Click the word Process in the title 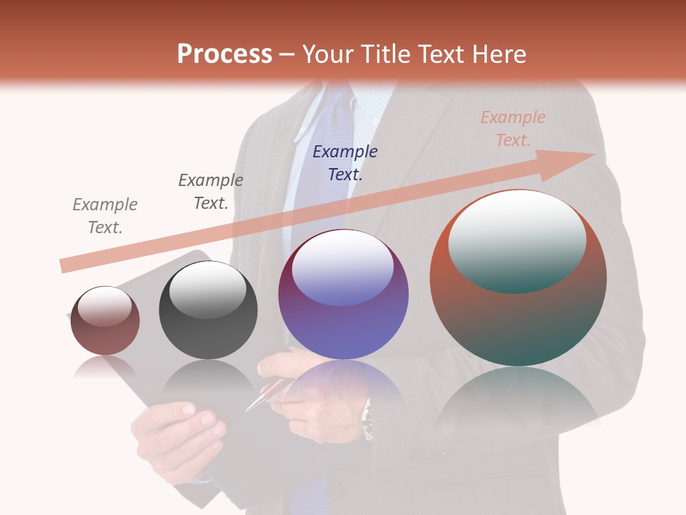224,54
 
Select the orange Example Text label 512,129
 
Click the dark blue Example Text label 345,162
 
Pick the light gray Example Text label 105,215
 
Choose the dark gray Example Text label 211,191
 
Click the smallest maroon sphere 105,320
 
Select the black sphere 208,310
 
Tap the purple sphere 344,295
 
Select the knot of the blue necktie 335,100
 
